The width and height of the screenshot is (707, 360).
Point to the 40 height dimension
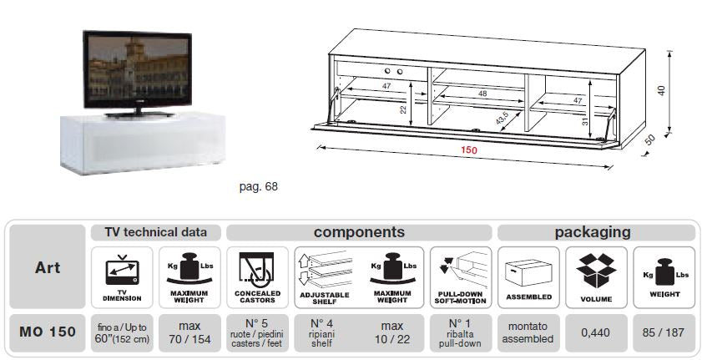coord(661,90)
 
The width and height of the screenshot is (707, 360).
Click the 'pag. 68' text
coord(258,186)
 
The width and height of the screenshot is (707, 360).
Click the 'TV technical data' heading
coord(155,232)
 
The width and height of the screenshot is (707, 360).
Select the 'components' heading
coord(359,232)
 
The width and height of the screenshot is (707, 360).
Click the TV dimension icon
coord(122,272)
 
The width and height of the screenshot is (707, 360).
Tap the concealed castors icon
coord(256,272)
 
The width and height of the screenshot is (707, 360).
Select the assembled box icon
coord(528,271)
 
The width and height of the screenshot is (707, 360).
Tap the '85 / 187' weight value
coord(664,332)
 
